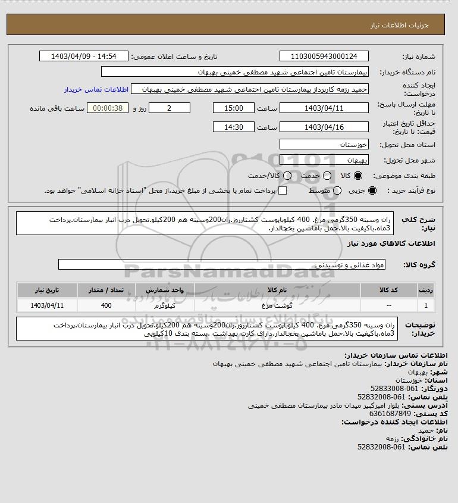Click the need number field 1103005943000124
click(x=324, y=57)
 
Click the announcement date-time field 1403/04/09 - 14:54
click(x=83, y=57)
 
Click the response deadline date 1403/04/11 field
click(x=324, y=108)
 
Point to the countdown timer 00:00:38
click(x=108, y=108)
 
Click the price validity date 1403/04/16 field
click(x=324, y=127)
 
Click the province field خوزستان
click(x=324, y=145)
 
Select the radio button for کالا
click(x=358, y=176)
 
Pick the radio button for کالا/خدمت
click(x=287, y=176)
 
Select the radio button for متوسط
click(x=337, y=190)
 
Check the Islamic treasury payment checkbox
click(x=283, y=190)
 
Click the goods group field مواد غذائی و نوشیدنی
click(x=221, y=264)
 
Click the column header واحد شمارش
click(x=165, y=290)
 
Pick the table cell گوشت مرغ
click(x=277, y=305)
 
